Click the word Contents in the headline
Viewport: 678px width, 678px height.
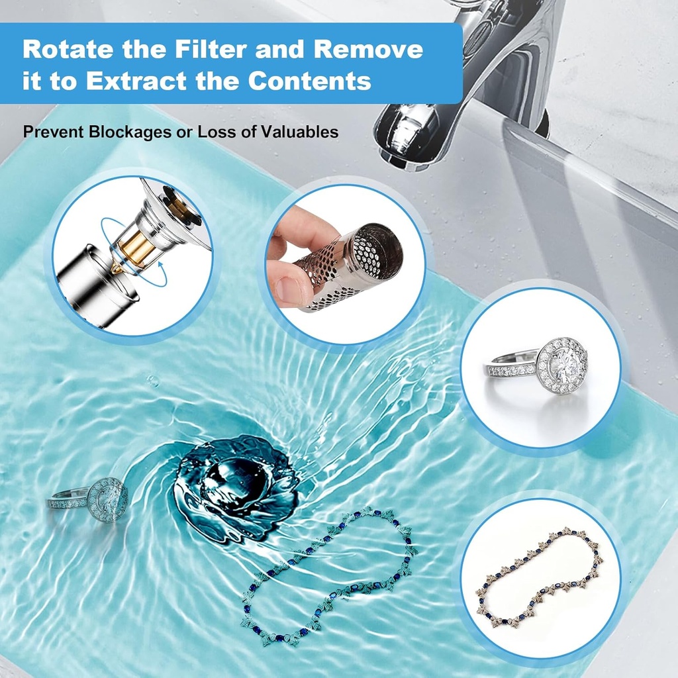309,81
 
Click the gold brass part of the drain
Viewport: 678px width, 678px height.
136,246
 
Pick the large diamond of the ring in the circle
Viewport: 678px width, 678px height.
563,365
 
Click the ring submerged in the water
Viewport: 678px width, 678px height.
89,500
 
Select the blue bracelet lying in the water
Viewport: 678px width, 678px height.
328,576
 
